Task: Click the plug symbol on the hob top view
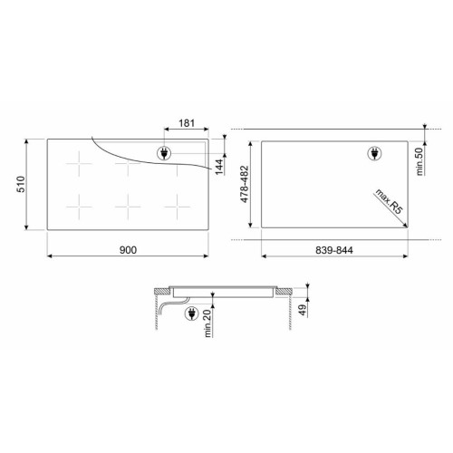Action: click(164, 153)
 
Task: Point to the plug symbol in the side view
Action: click(191, 314)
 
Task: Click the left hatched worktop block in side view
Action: click(160, 292)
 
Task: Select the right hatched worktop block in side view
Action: click(283, 292)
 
